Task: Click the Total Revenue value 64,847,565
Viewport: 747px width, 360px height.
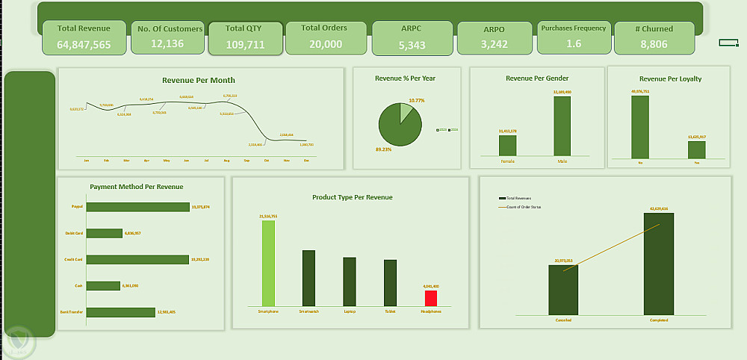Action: pyautogui.click(x=84, y=45)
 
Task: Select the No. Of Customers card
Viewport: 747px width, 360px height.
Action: pyautogui.click(x=170, y=37)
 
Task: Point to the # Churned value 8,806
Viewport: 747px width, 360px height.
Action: pyautogui.click(x=654, y=45)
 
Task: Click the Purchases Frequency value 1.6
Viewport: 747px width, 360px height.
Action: pyautogui.click(x=574, y=44)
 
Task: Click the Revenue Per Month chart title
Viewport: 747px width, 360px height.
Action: pyautogui.click(x=199, y=80)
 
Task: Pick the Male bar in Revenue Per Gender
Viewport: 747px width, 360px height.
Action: pyautogui.click(x=562, y=126)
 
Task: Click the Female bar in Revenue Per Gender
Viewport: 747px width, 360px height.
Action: pyautogui.click(x=507, y=146)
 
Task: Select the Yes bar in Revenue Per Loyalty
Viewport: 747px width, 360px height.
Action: pyautogui.click(x=697, y=149)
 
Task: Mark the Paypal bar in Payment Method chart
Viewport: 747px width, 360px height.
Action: pyautogui.click(x=137, y=207)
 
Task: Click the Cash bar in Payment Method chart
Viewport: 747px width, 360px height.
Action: pyautogui.click(x=103, y=285)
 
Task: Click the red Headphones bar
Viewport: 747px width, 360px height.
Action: pyautogui.click(x=431, y=297)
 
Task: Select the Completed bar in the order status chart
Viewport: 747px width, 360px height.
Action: pyautogui.click(x=658, y=263)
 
